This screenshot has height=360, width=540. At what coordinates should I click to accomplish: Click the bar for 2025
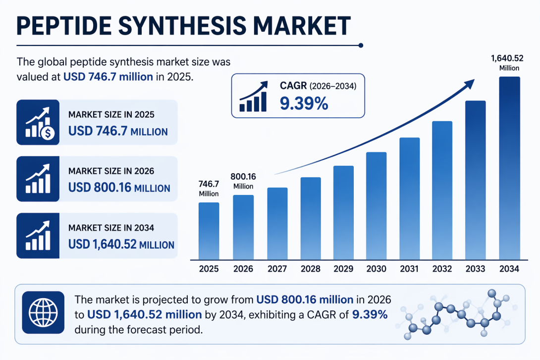click(x=209, y=231)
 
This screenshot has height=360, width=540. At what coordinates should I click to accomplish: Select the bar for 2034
click(x=509, y=168)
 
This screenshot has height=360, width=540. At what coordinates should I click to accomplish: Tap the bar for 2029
click(x=343, y=213)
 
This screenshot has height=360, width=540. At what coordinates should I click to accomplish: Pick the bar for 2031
click(x=409, y=198)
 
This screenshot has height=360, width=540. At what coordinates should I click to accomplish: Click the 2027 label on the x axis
click(x=277, y=269)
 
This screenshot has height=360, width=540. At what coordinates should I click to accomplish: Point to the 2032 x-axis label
click(x=442, y=269)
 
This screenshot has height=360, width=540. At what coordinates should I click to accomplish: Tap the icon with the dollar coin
click(x=38, y=122)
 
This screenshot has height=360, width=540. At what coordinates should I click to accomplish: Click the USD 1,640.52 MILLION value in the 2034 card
click(x=121, y=244)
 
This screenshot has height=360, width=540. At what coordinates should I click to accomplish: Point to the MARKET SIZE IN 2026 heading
click(x=111, y=171)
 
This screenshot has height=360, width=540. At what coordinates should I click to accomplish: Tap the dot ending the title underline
click(x=361, y=46)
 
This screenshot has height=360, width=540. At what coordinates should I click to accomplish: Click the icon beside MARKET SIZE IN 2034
click(x=38, y=236)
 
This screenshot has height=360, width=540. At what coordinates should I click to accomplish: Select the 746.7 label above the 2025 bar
click(x=209, y=184)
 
